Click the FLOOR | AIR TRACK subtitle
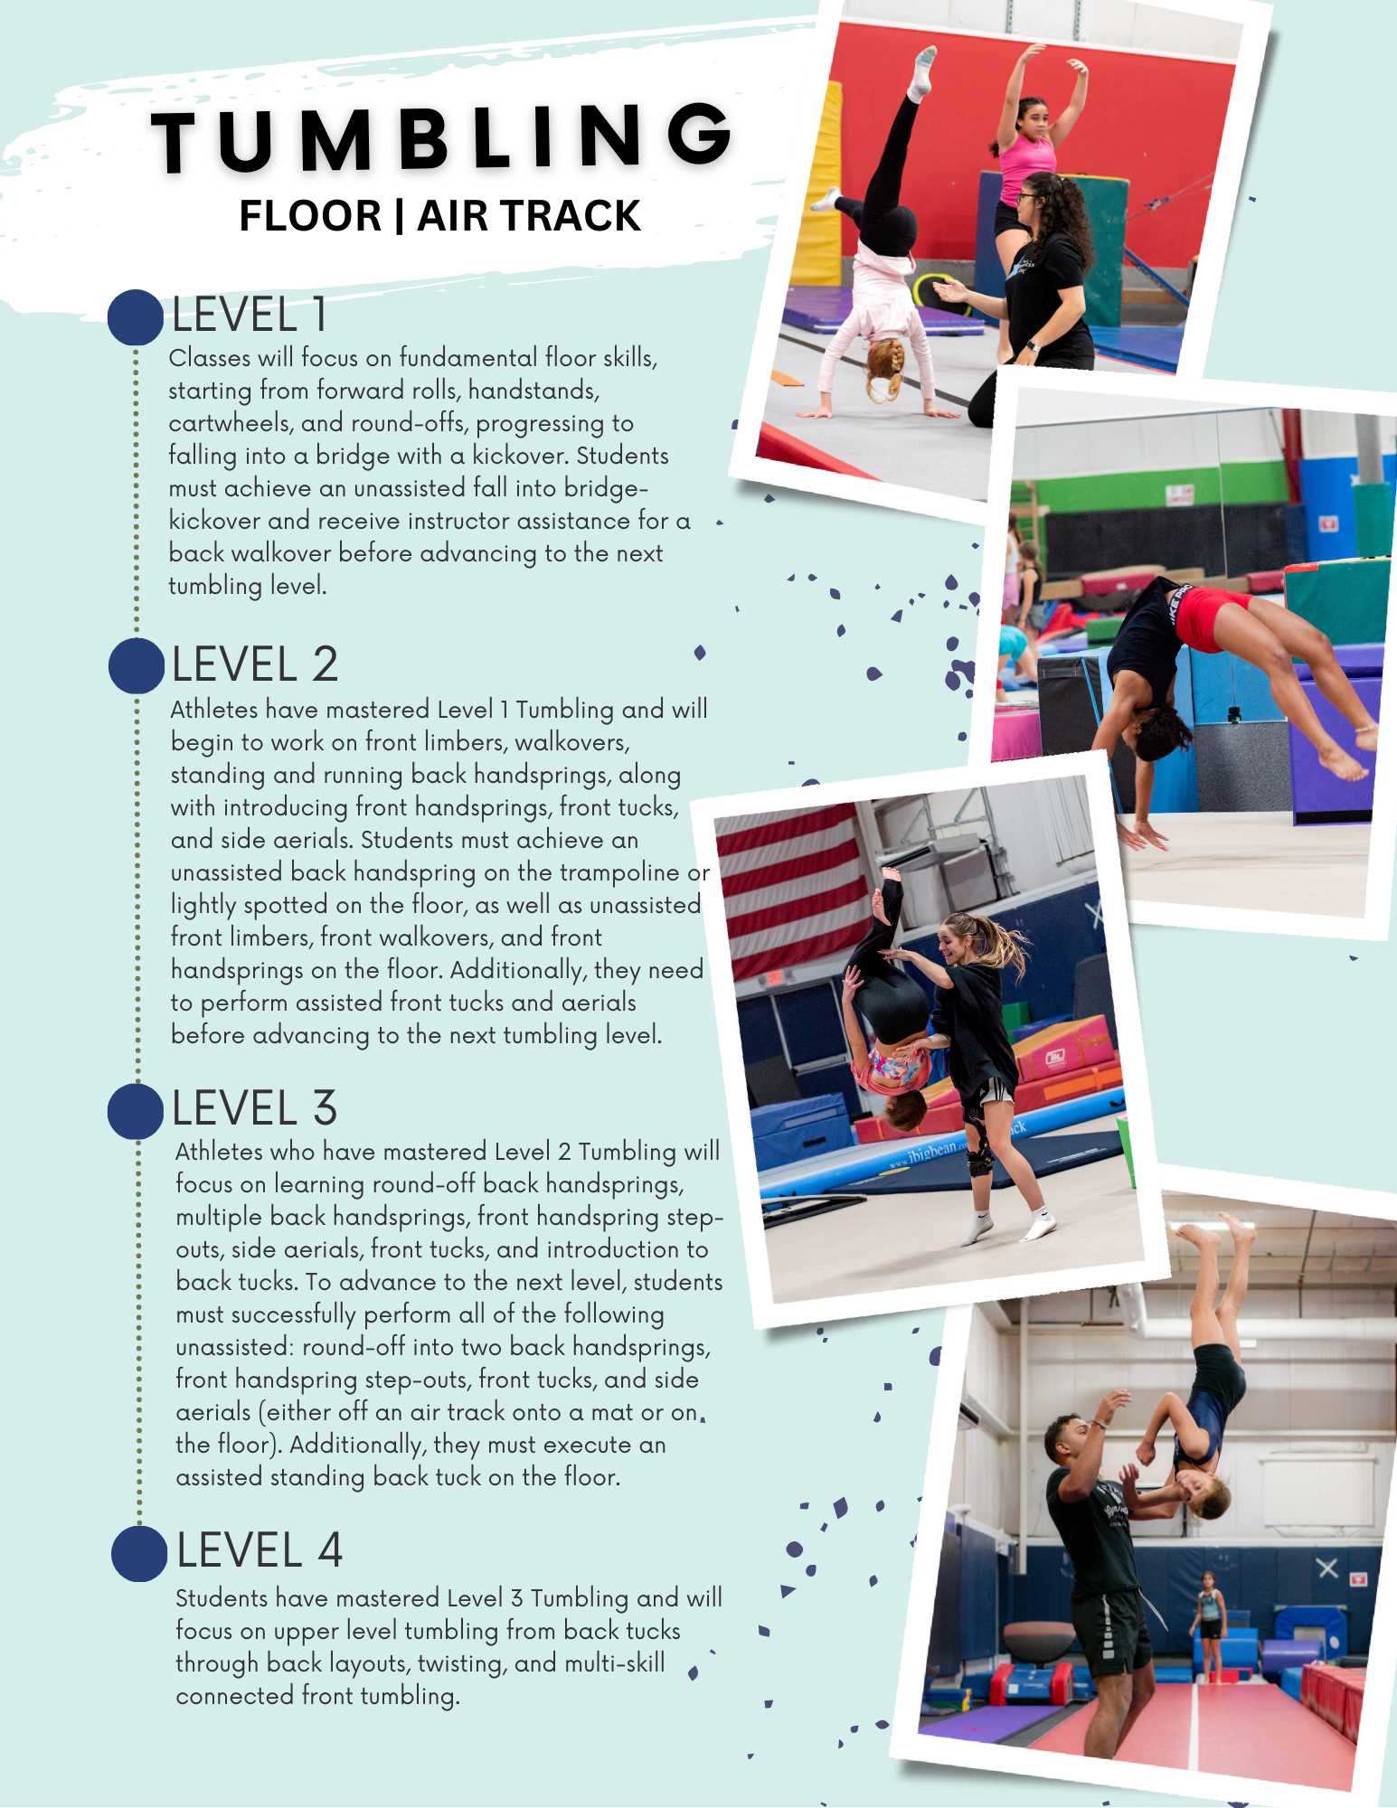coord(439,216)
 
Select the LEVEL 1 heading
coord(250,315)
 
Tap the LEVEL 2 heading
coord(254,664)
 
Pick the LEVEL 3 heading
coord(254,1108)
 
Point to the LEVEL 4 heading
coord(260,1550)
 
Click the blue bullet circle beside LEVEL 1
coord(136,317)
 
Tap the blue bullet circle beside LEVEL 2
coord(137,666)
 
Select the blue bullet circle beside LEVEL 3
coord(136,1111)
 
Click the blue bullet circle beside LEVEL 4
coord(139,1553)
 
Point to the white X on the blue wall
coord(1327,1568)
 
